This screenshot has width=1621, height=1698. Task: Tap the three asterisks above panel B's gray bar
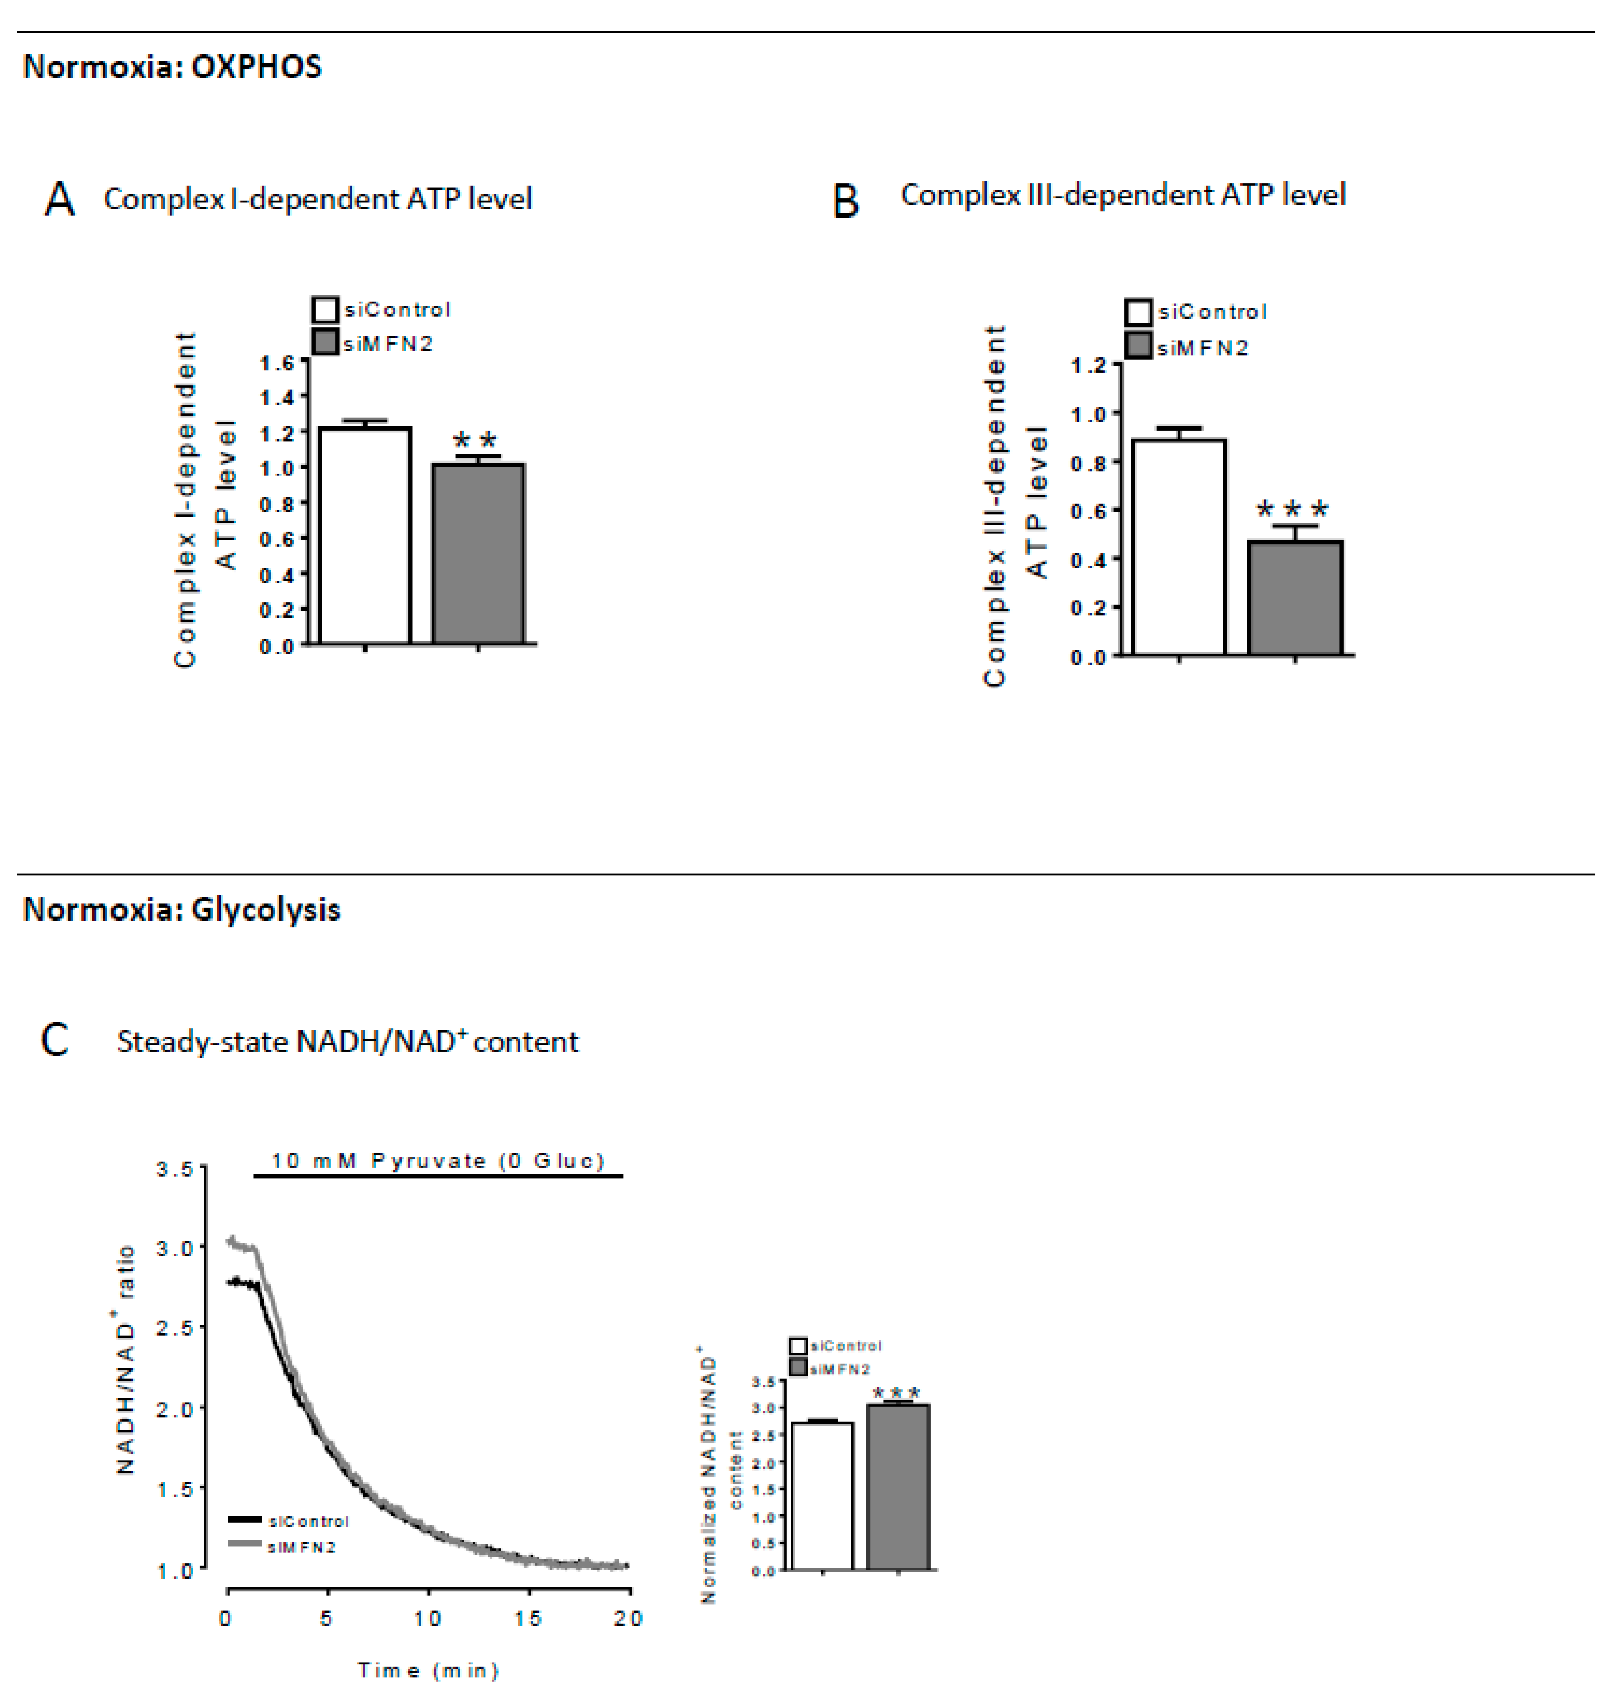pyautogui.click(x=1292, y=509)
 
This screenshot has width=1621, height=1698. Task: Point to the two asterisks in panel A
pyautogui.click(x=475, y=440)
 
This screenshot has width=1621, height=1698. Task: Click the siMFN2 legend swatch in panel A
pyautogui.click(x=324, y=342)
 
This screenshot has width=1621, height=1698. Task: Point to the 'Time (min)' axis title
pyautogui.click(x=428, y=1670)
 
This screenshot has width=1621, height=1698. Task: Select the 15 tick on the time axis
pyautogui.click(x=528, y=1618)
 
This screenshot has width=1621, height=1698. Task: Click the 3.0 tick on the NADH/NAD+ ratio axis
pyautogui.click(x=174, y=1248)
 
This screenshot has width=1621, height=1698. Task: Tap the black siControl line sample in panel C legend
pyautogui.click(x=245, y=1519)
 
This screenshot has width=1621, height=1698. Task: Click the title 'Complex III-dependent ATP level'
pyautogui.click(x=1122, y=195)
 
